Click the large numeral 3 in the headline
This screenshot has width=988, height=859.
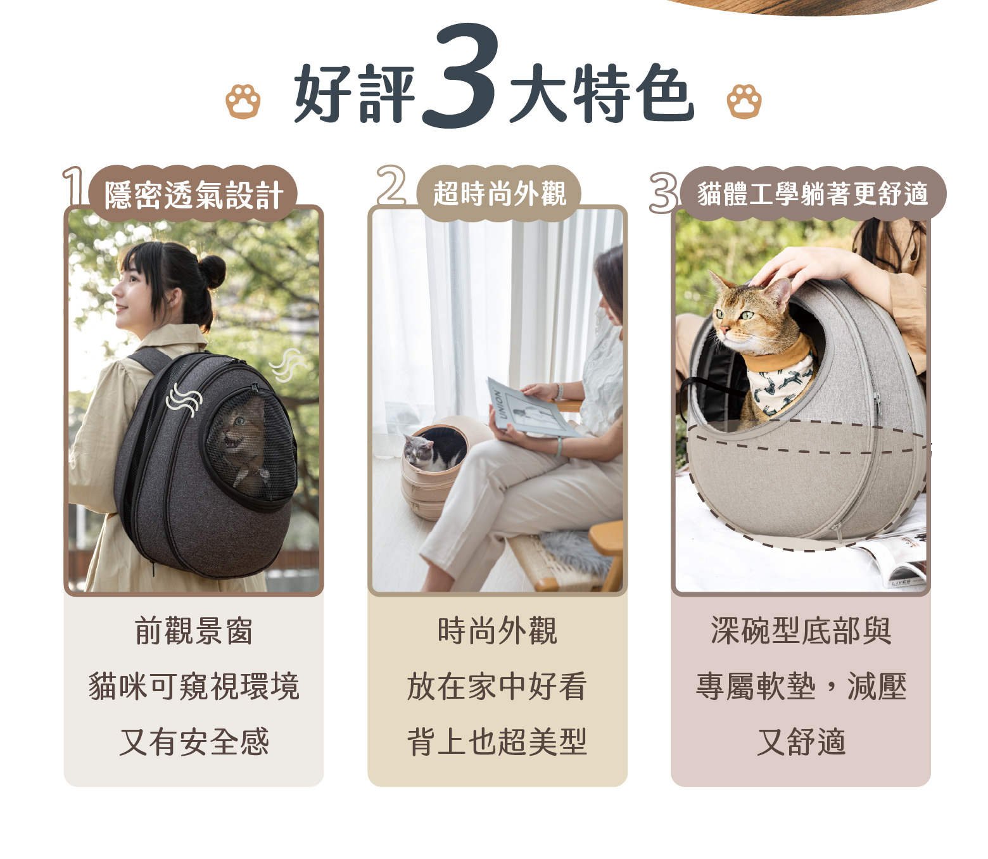coord(460,76)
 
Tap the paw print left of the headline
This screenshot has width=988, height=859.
coord(243,101)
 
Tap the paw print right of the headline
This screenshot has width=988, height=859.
coord(744,101)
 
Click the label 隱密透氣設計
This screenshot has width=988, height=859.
coord(194,195)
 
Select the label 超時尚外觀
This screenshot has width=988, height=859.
coord(499,194)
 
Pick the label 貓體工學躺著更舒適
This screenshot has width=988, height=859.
coord(812,194)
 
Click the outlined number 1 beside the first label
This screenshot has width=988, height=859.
coord(73,186)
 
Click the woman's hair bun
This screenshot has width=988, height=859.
coord(212,271)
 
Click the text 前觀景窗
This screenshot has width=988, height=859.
coord(194,630)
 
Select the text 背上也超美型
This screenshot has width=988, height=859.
coord(497,742)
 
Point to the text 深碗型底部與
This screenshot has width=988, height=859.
coord(801,630)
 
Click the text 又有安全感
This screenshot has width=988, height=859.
coord(194,742)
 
